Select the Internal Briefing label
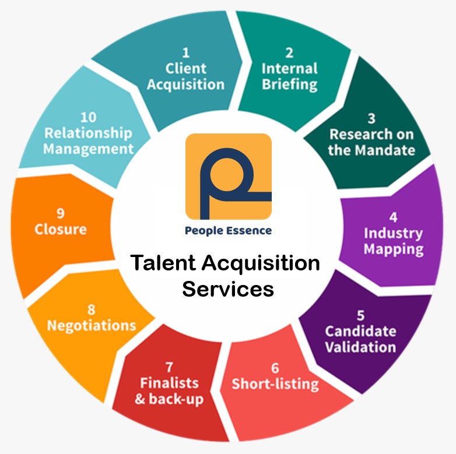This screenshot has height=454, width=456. tap(289, 76)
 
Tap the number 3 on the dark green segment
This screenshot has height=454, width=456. tap(371, 118)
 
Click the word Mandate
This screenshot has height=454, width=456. tap(387, 150)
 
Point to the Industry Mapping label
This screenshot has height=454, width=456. tap(394, 241)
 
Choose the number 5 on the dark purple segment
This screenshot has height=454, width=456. tap(361, 315)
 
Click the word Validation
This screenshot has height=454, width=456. tap(360, 347)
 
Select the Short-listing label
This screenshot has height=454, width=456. tap(275, 384)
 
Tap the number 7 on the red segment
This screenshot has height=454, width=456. tap(169, 367)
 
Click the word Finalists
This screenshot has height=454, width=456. tap(169, 383)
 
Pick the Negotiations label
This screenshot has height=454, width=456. tap(92, 325)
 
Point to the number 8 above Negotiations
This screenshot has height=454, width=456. tap(92, 309)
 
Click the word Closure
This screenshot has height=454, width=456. tap(61, 229)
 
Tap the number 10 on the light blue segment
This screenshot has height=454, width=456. tap(89, 117)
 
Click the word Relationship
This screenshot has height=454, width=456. tap(89, 133)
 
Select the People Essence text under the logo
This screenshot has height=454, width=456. tap(228, 231)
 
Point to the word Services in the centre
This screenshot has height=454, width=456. tap(228, 288)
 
